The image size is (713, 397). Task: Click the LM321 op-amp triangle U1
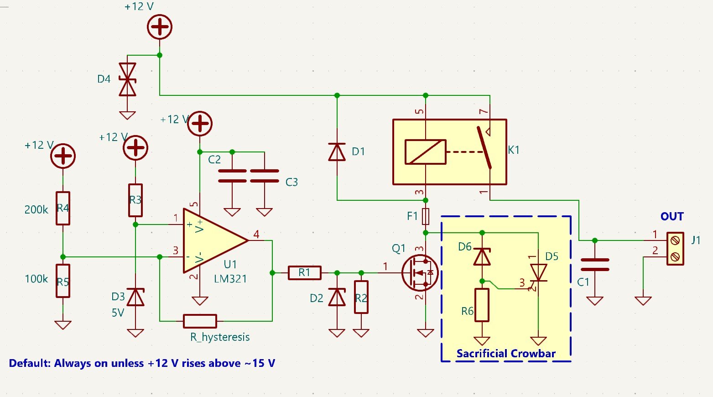click(x=212, y=241)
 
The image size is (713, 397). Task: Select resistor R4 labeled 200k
click(x=63, y=208)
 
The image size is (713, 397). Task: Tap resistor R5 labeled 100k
click(x=63, y=281)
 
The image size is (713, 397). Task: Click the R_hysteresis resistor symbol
click(x=200, y=321)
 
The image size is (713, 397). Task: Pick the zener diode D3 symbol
click(x=135, y=297)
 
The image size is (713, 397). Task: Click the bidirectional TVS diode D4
click(x=127, y=79)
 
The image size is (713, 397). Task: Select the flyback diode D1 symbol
click(x=337, y=152)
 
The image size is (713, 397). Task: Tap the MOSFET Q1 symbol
click(x=420, y=273)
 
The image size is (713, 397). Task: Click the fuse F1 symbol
click(x=426, y=216)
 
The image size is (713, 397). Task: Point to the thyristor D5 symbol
click(x=539, y=273)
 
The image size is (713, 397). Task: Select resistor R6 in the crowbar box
click(x=482, y=305)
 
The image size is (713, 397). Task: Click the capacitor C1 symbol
click(x=595, y=265)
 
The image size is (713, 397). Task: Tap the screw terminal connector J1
click(x=675, y=248)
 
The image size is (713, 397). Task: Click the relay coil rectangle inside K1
click(x=426, y=152)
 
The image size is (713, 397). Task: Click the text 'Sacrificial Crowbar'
click(x=506, y=354)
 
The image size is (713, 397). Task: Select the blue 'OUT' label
click(x=672, y=216)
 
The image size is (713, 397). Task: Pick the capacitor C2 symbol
click(x=232, y=176)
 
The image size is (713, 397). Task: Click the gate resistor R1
click(x=304, y=273)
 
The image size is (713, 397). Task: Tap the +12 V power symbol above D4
click(x=159, y=27)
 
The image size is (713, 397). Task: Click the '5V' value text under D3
click(x=118, y=313)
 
